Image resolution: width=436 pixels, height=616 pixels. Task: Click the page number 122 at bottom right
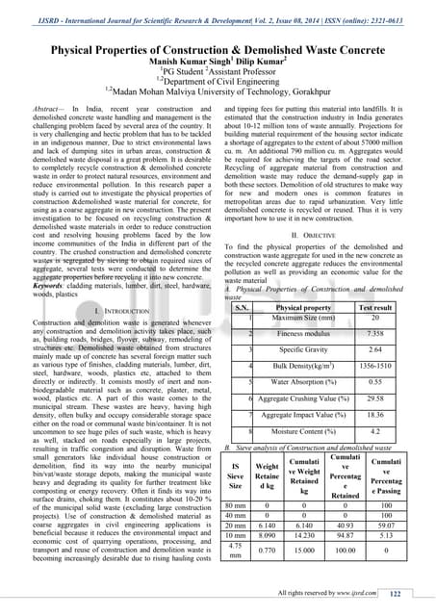(x=414, y=595)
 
